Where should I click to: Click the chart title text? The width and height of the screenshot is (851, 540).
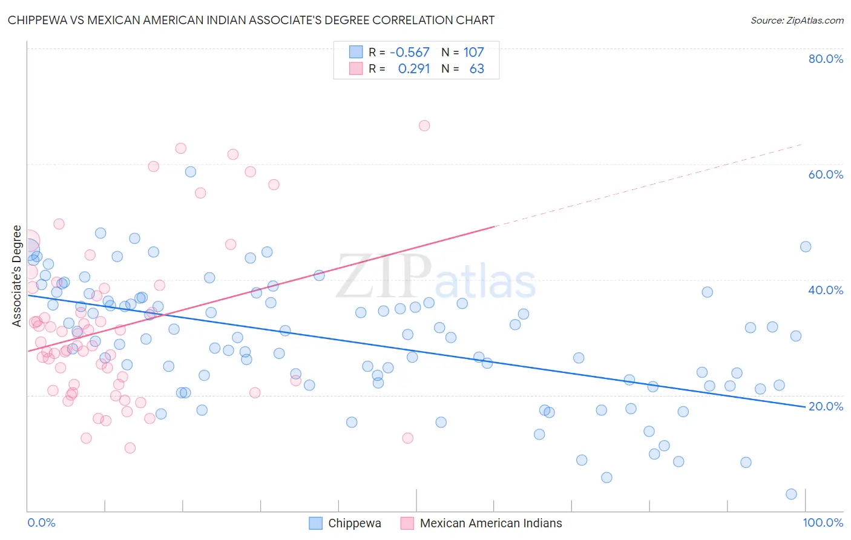(251, 20)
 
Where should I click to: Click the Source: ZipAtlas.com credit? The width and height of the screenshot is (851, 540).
(797, 20)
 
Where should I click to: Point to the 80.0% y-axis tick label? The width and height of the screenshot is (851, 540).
(826, 59)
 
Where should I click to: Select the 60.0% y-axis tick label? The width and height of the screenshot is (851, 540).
(826, 174)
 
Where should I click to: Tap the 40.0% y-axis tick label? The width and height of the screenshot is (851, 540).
(826, 290)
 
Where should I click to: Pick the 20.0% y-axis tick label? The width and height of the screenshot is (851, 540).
(826, 406)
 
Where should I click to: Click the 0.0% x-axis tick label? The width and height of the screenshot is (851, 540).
(42, 522)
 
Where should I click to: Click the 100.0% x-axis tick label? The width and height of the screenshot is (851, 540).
(823, 522)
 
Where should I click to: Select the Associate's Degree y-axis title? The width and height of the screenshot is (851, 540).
(17, 276)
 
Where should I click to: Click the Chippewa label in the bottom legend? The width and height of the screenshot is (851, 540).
(354, 523)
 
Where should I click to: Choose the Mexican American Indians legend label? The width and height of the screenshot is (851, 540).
(490, 523)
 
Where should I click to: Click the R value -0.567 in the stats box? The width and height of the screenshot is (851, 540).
(409, 53)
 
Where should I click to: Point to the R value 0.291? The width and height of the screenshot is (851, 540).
(413, 69)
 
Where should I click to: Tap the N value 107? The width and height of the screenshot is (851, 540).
(473, 53)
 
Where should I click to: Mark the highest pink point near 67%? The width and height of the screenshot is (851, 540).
(424, 125)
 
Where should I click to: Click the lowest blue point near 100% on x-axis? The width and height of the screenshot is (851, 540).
(791, 494)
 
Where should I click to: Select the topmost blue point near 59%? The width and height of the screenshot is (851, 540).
(191, 172)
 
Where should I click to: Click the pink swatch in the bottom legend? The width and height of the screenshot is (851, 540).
(407, 523)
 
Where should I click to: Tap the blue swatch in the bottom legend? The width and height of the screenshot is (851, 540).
(315, 523)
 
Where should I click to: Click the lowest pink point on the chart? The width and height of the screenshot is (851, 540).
(130, 448)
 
